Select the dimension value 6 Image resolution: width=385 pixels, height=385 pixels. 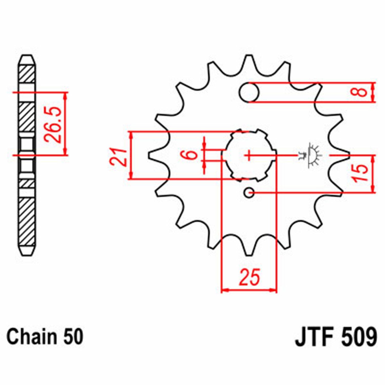(192, 155)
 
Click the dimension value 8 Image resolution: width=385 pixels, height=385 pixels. (362, 92)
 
